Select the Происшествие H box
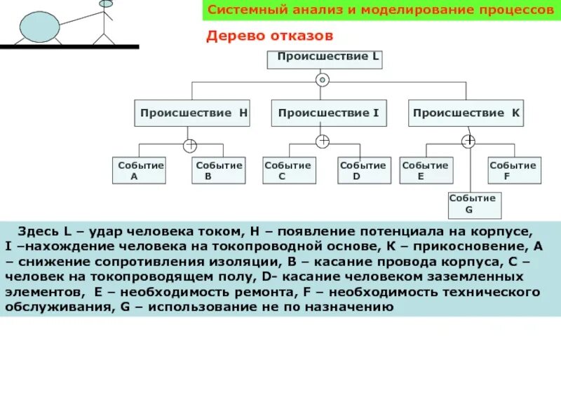point(192,113)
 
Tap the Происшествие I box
point(328,113)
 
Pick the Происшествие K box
point(466,113)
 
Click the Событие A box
point(140,170)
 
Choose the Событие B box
point(219,170)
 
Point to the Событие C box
point(288,170)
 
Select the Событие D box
point(362,170)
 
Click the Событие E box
point(425,170)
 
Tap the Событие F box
point(513,170)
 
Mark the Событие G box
point(473,204)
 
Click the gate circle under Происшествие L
point(322,80)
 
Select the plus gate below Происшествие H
point(189,146)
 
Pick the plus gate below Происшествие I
point(323,141)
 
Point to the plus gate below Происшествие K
point(468,141)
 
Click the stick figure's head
point(106,3)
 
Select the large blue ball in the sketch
point(38,27)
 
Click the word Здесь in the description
point(35,230)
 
